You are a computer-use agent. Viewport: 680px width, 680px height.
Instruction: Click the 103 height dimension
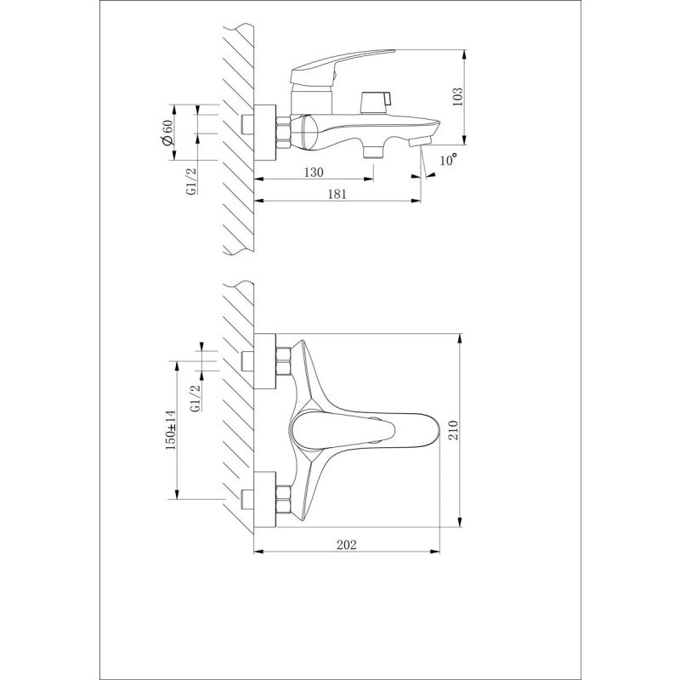[456, 96]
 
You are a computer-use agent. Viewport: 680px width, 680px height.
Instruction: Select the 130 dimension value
[314, 173]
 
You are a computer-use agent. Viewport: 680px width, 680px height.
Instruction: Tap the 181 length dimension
[336, 195]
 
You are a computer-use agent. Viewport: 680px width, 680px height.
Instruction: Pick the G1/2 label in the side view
[192, 181]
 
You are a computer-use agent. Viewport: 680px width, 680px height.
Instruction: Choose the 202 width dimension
[346, 544]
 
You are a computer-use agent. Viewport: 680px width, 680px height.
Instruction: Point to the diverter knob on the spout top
[372, 102]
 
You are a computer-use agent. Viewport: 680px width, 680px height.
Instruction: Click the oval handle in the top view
[365, 431]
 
